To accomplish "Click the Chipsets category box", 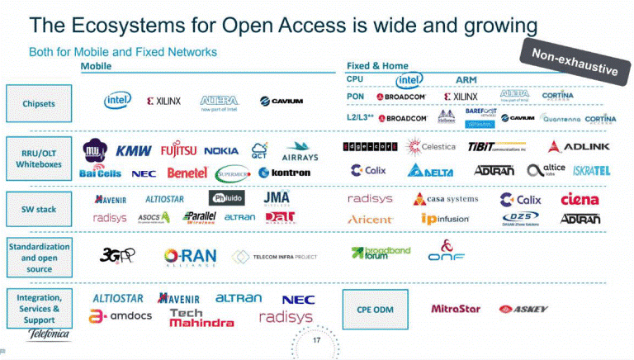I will coord(40,104).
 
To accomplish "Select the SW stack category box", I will coord(40,210).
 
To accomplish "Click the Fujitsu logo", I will coord(179,151).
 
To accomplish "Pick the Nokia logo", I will coord(221,151).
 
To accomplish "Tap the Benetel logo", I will coord(187,173).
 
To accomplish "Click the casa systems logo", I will coord(446,199).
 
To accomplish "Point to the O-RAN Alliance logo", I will coord(190,257).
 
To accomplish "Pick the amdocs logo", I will coord(121,316).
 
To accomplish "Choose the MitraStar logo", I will coord(455,310).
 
